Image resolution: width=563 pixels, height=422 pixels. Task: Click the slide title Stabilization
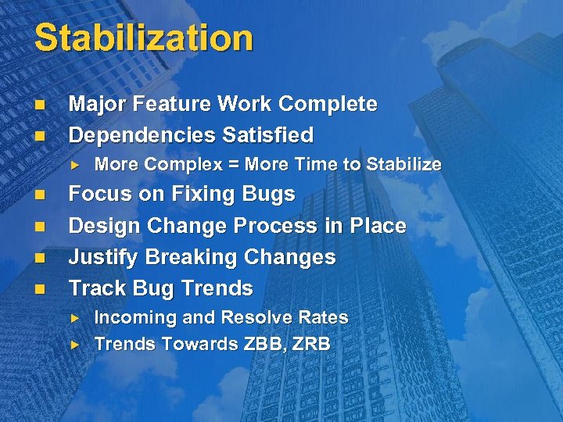tap(144, 38)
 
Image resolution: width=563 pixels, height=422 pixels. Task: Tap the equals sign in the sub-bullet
tap(235, 164)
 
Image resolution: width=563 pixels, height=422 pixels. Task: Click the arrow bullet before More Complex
tap(76, 164)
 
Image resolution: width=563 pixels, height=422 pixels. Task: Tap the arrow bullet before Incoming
tap(76, 318)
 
